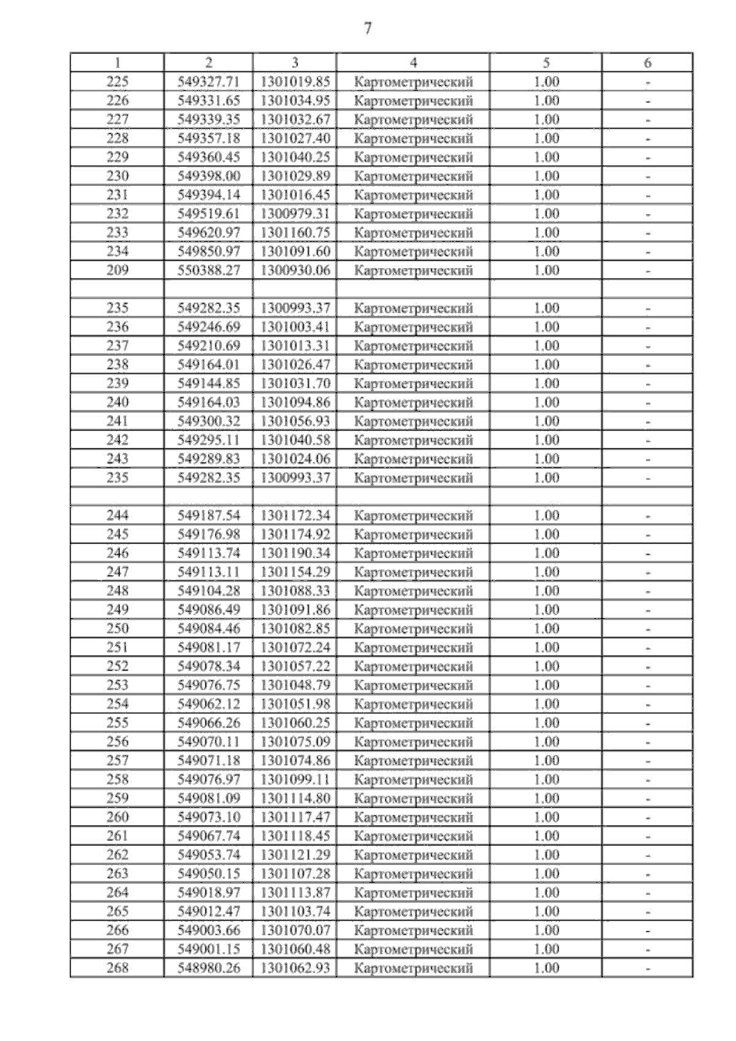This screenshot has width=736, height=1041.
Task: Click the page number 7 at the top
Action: (x=368, y=29)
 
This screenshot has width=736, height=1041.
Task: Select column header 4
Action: (x=413, y=63)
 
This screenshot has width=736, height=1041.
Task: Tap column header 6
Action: (x=648, y=63)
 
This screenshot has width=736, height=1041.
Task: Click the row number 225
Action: (x=118, y=82)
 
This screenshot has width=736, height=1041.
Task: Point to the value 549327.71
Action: (x=209, y=82)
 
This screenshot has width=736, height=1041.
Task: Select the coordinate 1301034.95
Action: (x=295, y=101)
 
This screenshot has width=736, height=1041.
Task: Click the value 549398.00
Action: (x=209, y=176)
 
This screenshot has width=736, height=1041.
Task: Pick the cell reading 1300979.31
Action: (x=295, y=214)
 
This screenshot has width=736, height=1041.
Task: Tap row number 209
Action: (x=118, y=271)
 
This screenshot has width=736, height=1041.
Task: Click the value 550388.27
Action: (x=209, y=271)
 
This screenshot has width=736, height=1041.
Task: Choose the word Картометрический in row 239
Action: (x=413, y=384)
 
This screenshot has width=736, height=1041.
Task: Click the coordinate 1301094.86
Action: (x=295, y=402)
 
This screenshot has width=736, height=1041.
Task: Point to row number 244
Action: (x=118, y=516)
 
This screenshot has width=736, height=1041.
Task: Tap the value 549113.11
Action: (x=209, y=572)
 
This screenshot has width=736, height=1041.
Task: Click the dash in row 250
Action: (x=648, y=629)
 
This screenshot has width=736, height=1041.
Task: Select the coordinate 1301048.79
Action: (x=295, y=685)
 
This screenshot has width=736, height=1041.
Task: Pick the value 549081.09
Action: (x=209, y=799)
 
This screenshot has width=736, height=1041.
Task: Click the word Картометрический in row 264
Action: (x=413, y=893)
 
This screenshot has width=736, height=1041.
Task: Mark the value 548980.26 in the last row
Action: (x=209, y=968)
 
